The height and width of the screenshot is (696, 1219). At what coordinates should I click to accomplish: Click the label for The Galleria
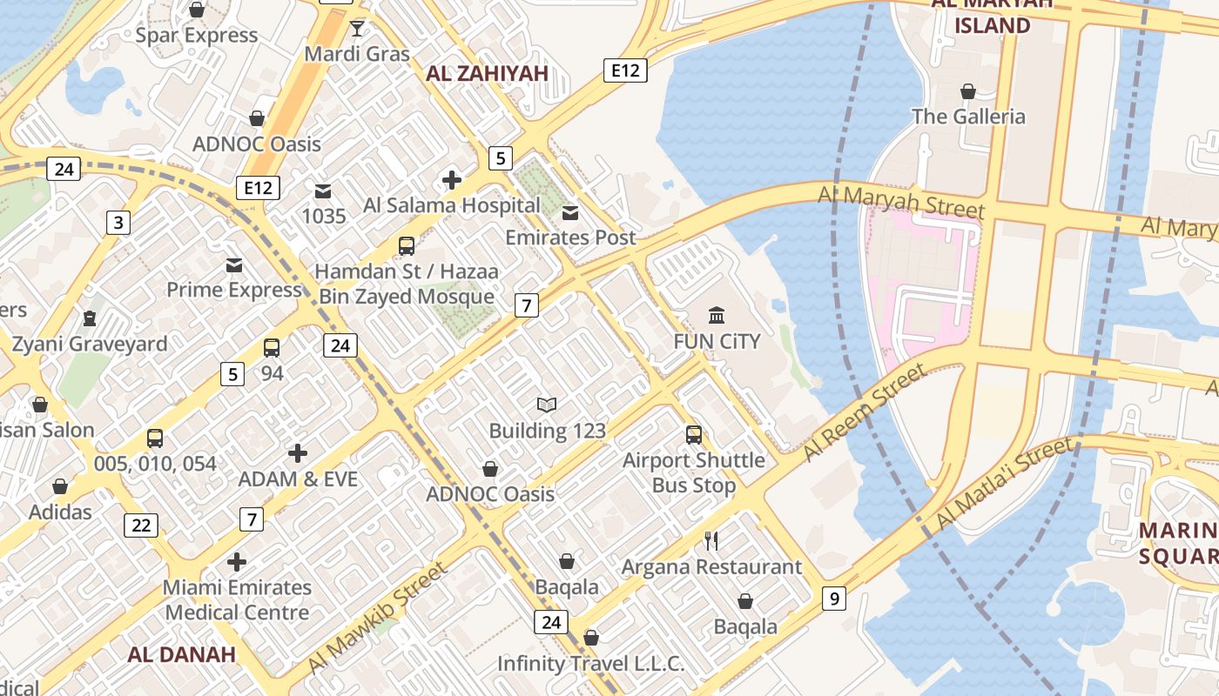967,117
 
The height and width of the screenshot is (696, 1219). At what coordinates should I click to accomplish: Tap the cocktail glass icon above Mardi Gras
357,29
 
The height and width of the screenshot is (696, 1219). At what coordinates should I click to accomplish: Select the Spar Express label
197,36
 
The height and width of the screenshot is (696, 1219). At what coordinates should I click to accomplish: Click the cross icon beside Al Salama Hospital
451,180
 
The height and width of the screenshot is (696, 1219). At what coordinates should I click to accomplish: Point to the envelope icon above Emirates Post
570,213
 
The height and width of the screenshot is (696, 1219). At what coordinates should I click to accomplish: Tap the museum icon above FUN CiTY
717,315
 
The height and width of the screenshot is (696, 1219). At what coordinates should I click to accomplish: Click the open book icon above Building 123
547,405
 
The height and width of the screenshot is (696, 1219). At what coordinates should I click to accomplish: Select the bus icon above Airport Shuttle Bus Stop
694,435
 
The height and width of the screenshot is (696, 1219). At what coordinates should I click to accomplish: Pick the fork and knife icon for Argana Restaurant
711,541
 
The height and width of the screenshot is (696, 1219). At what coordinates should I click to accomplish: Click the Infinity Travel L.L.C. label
590,664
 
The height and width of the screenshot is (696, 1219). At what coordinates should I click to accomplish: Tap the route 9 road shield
833,599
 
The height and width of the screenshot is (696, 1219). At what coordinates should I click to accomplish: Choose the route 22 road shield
141,525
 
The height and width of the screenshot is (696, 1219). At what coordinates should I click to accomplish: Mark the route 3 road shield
118,224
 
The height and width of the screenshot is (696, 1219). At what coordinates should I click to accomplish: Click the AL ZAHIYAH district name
487,74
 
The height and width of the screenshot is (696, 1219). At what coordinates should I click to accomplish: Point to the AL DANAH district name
181,655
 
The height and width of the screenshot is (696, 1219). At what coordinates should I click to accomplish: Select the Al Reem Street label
864,412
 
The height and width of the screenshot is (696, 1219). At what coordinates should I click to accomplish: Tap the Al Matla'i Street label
1003,485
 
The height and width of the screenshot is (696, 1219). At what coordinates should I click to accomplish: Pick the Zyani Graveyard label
89,345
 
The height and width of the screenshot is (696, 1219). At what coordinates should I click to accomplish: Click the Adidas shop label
60,512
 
